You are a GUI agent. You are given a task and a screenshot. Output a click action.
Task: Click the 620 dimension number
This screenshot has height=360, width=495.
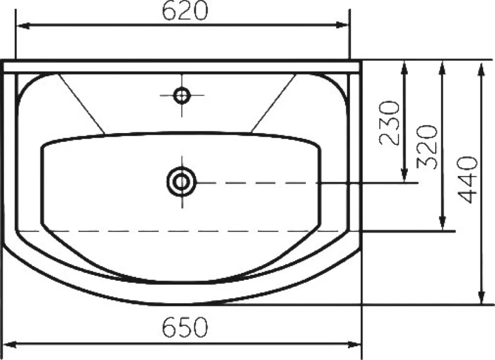pos(185,10)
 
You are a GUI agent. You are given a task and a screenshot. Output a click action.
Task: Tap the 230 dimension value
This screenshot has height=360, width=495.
pos(389,123)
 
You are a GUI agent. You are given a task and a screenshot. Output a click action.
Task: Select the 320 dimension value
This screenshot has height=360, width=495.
pos(427,147)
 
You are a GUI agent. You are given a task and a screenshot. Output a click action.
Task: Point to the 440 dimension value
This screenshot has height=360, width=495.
pos(467,179)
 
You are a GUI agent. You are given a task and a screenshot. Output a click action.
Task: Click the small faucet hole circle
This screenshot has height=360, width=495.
pos(182,95)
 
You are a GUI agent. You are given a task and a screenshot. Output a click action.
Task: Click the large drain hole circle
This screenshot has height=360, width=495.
pos(182,182)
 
